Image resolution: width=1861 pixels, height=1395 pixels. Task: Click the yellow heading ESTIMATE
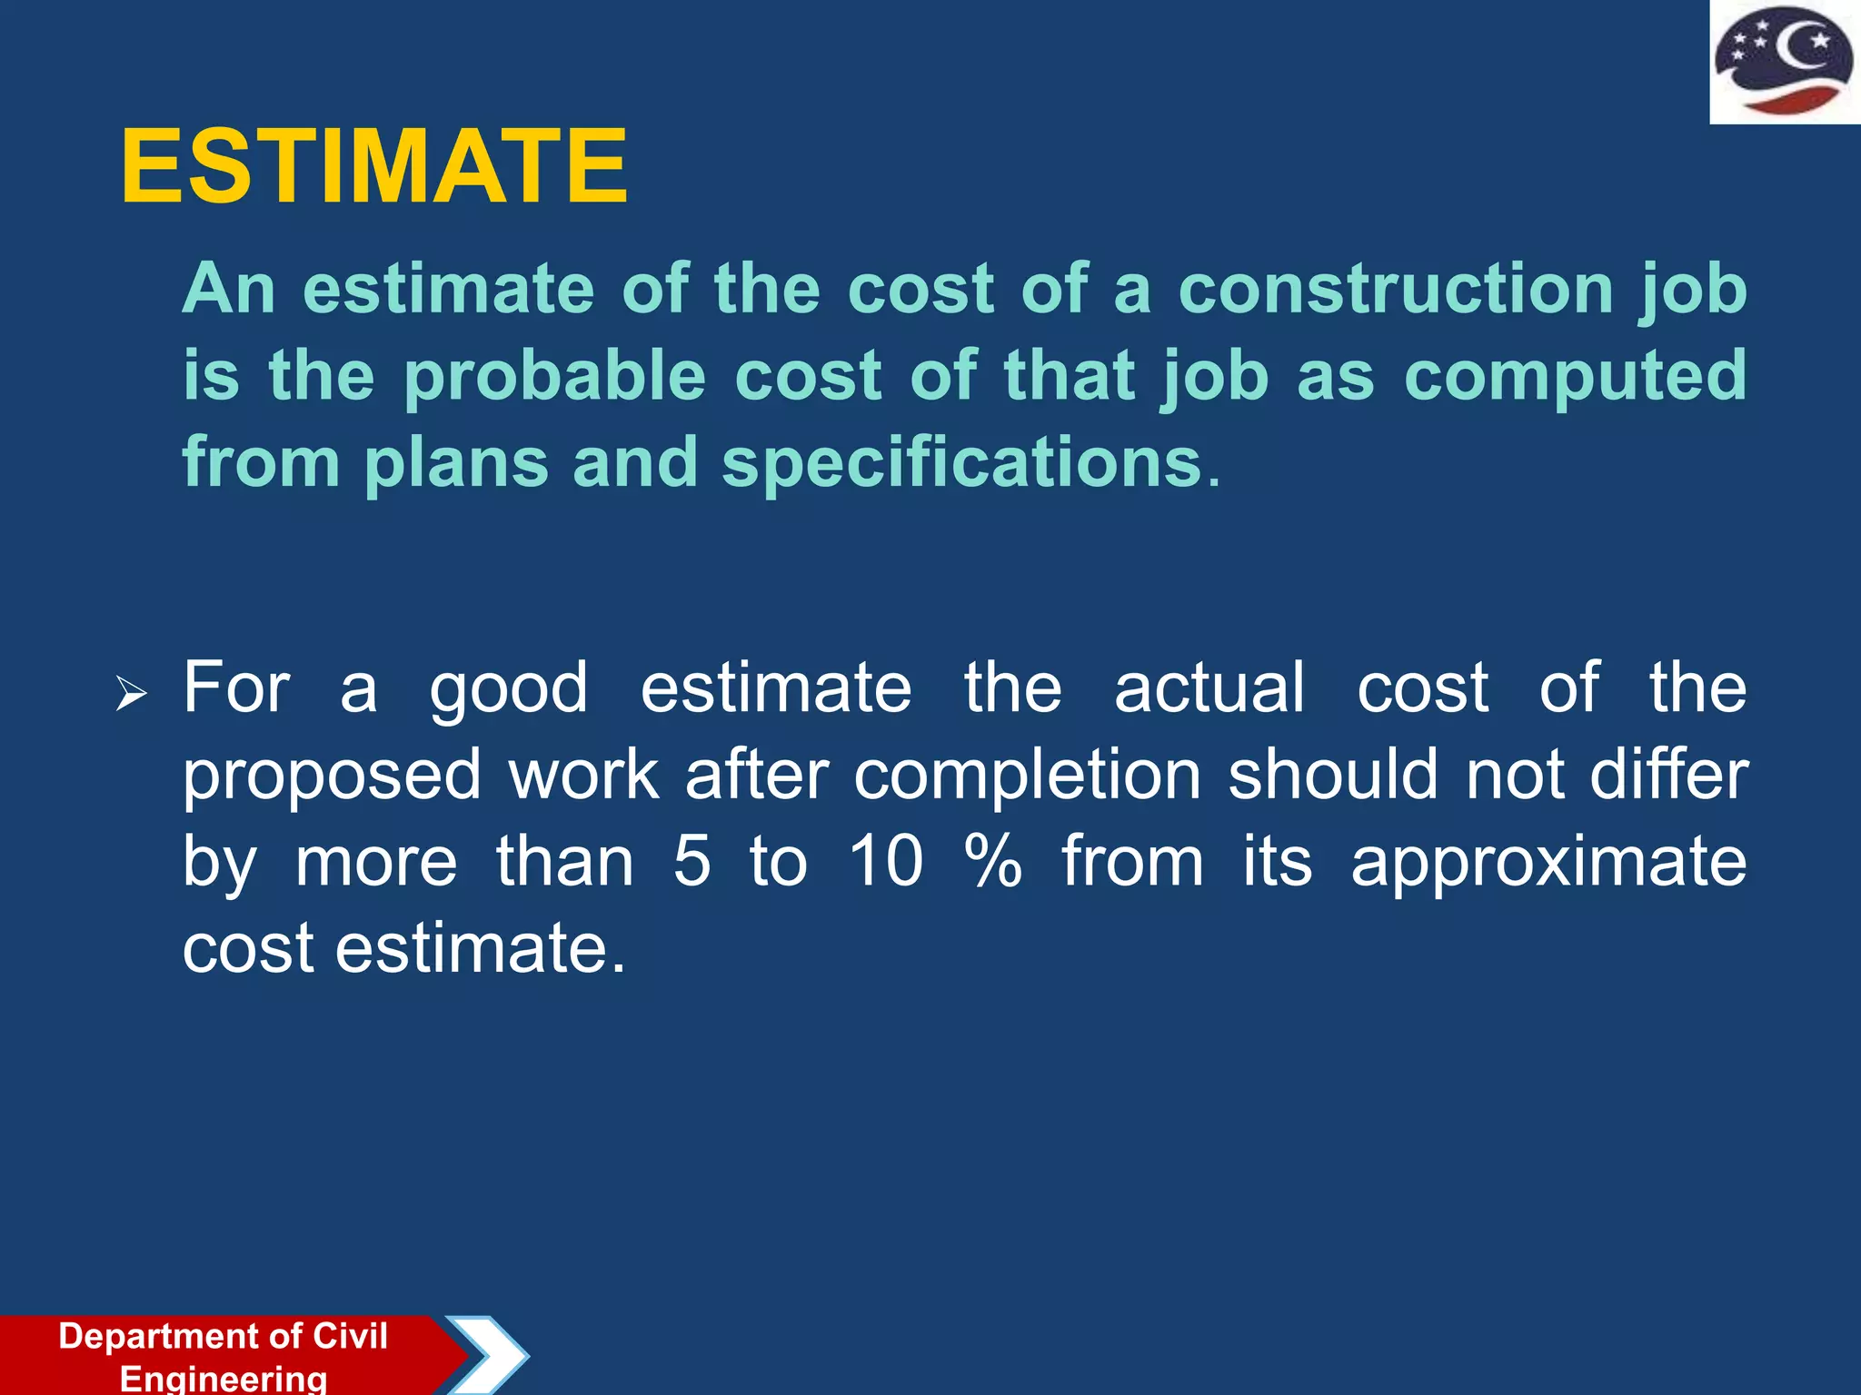(373, 166)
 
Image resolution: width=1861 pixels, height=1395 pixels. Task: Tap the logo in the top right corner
(1784, 62)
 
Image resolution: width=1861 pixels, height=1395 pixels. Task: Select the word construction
(1396, 289)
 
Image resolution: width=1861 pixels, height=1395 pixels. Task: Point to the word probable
(554, 376)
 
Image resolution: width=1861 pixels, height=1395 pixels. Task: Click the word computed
(1575, 376)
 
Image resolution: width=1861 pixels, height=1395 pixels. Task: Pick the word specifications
(962, 462)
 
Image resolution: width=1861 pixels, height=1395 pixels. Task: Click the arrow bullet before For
(132, 695)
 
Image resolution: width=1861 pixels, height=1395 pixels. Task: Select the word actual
(1209, 688)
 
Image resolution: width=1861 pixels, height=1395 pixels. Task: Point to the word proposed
(332, 777)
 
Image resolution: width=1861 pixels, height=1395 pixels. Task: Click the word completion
(1028, 776)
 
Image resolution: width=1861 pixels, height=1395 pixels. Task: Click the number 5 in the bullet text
(692, 861)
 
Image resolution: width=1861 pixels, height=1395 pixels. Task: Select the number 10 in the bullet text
(886, 861)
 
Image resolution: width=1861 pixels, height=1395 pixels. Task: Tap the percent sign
(993, 861)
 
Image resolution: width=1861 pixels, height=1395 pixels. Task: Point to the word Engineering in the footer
(224, 1378)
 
